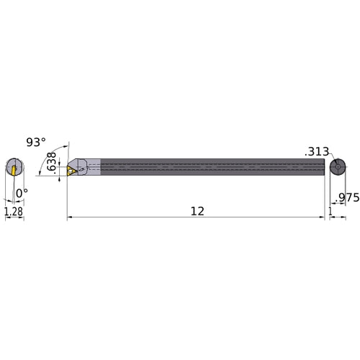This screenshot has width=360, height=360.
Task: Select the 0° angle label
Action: pos(22,193)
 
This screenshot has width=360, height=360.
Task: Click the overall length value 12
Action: pos(197,211)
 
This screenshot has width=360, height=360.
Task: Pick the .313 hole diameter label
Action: pos(316,152)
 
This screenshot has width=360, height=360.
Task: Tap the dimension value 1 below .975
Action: pos(330,211)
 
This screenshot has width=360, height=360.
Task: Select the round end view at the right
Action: pos(337,168)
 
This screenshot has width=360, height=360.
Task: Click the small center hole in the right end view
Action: pos(337,168)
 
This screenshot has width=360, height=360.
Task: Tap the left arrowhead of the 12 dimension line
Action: pos(69,217)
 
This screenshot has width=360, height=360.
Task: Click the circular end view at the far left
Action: pos(14,168)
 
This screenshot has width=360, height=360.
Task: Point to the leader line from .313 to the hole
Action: pos(332,160)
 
